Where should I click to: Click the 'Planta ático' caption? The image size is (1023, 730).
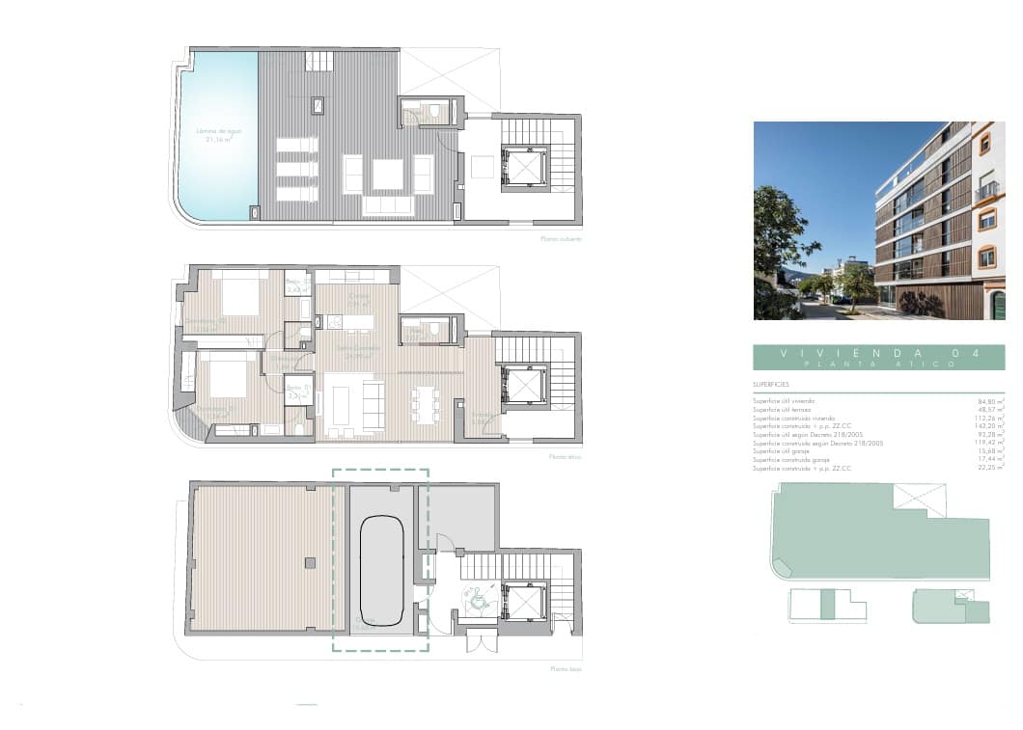[565, 457]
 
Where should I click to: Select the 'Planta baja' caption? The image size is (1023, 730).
[566, 668]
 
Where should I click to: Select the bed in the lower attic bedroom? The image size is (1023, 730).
[228, 376]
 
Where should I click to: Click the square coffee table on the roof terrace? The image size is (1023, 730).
[388, 175]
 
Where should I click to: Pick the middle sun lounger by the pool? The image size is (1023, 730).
[297, 169]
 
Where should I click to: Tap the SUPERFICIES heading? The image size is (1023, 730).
[771, 384]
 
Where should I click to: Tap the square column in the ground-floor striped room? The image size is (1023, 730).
[309, 562]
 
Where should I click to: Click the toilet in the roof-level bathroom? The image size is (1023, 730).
[434, 112]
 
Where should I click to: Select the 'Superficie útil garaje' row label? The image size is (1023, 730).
[781, 451]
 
